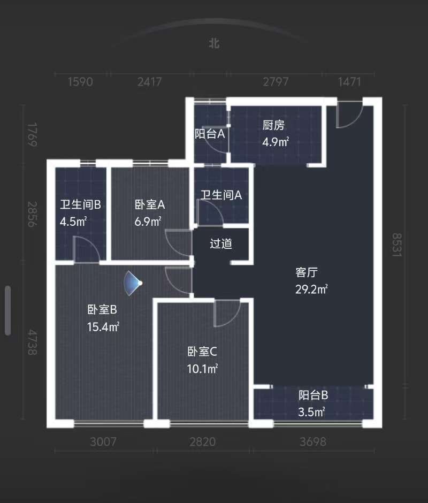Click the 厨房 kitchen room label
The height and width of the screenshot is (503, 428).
pyautogui.click(x=273, y=126)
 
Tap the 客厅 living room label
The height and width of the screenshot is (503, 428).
pyautogui.click(x=306, y=272)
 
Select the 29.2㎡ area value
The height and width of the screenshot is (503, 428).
pyautogui.click(x=311, y=289)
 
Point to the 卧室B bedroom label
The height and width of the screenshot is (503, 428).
pyautogui.click(x=102, y=310)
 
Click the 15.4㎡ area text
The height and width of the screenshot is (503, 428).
pyautogui.click(x=103, y=326)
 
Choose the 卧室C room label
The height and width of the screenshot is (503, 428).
pyautogui.click(x=202, y=352)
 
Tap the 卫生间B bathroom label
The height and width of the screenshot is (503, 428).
pyautogui.click(x=80, y=204)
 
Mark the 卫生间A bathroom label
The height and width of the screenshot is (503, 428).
pyautogui.click(x=221, y=195)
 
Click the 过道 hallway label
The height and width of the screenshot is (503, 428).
pyautogui.click(x=221, y=244)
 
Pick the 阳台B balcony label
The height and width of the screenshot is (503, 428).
pyautogui.click(x=313, y=396)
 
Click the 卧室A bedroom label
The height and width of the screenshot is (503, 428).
pyautogui.click(x=150, y=204)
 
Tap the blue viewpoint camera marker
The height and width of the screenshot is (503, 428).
pyautogui.click(x=133, y=283)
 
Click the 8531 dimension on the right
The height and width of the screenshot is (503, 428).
pyautogui.click(x=397, y=245)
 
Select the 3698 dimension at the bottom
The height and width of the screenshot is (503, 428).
pyautogui.click(x=313, y=442)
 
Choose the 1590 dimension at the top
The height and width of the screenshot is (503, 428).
pyautogui.click(x=80, y=82)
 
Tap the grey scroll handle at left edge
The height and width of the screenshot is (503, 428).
pyautogui.click(x=8, y=310)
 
